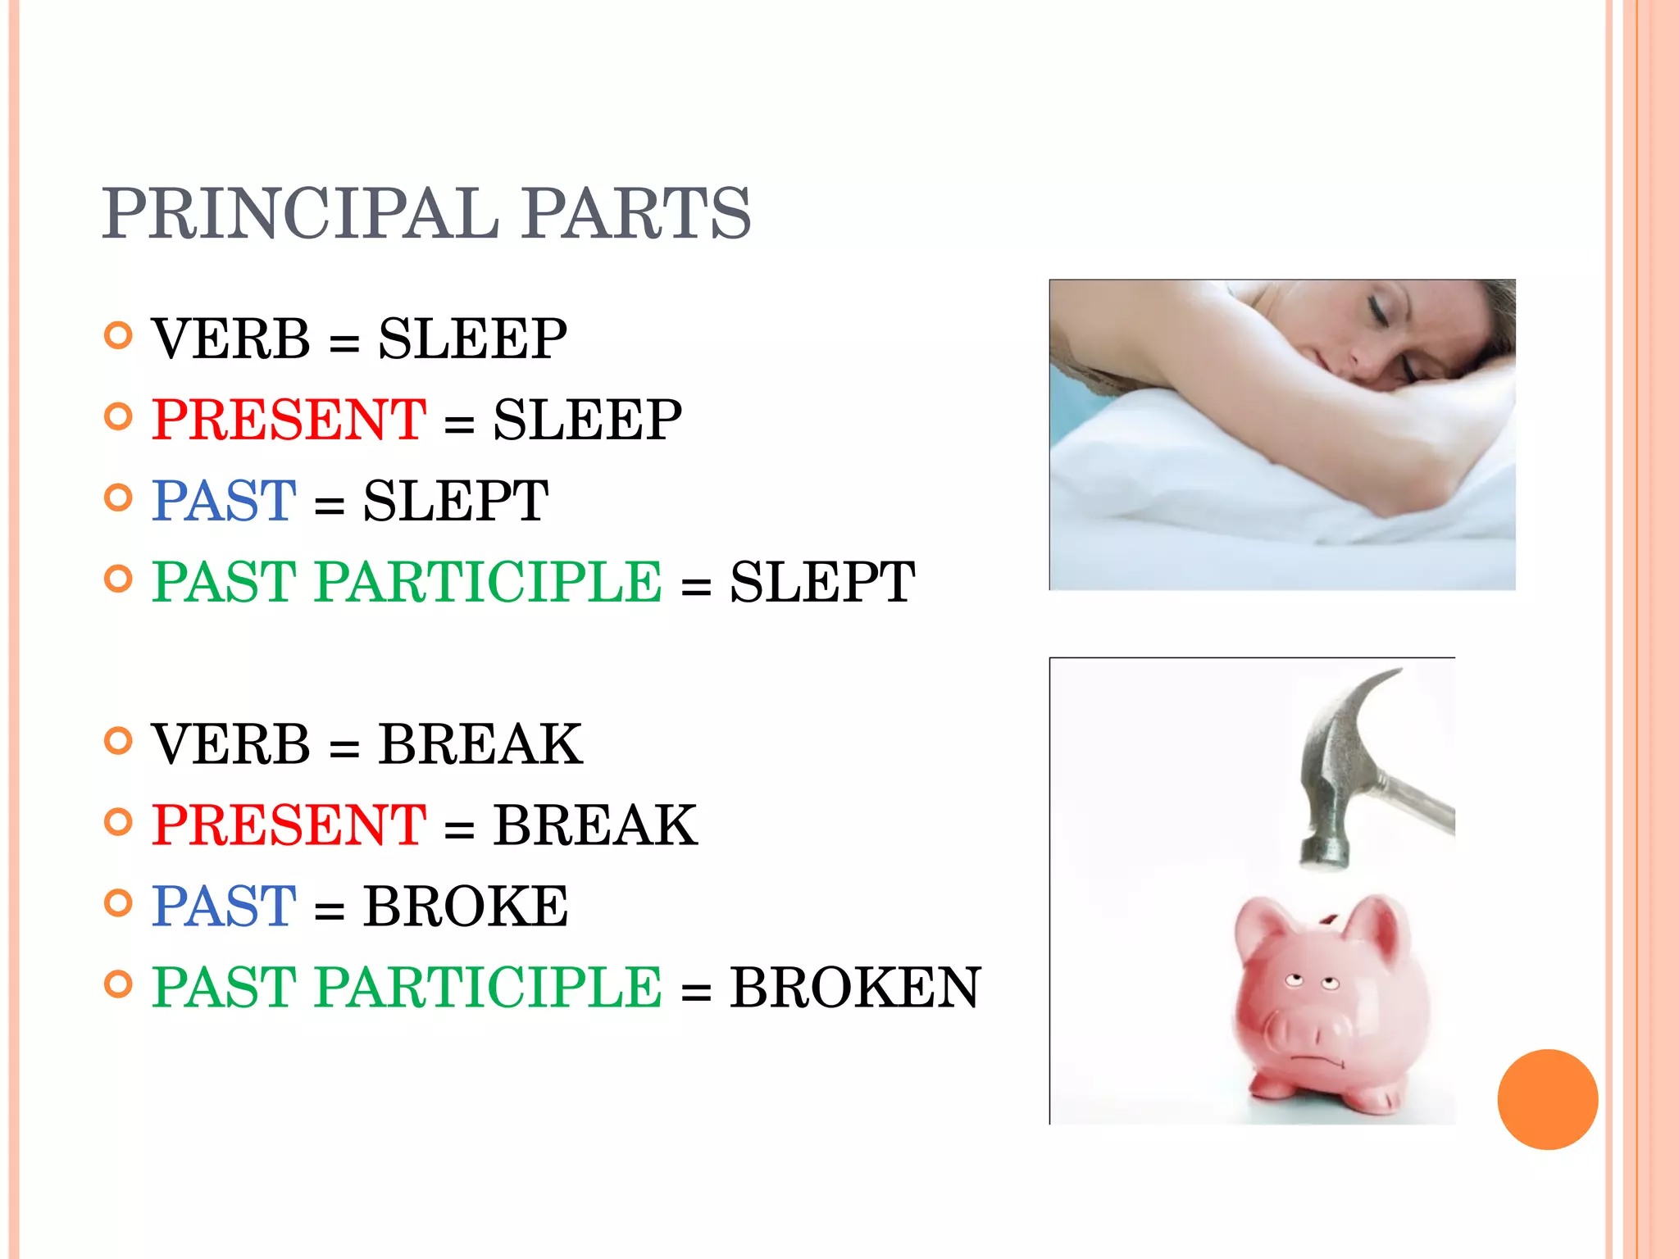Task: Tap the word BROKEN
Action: [855, 987]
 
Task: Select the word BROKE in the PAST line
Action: [466, 907]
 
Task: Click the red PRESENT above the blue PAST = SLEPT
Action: [289, 420]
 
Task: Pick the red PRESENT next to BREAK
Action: [289, 825]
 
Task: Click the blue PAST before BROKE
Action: [224, 907]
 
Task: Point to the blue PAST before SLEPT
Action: [224, 501]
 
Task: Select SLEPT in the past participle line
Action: [822, 582]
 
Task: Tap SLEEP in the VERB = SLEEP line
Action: [472, 339]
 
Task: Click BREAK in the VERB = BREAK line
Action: [480, 744]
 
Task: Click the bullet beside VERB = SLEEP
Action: [119, 335]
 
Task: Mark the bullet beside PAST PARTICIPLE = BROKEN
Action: [119, 984]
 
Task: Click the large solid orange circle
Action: [1547, 1099]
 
